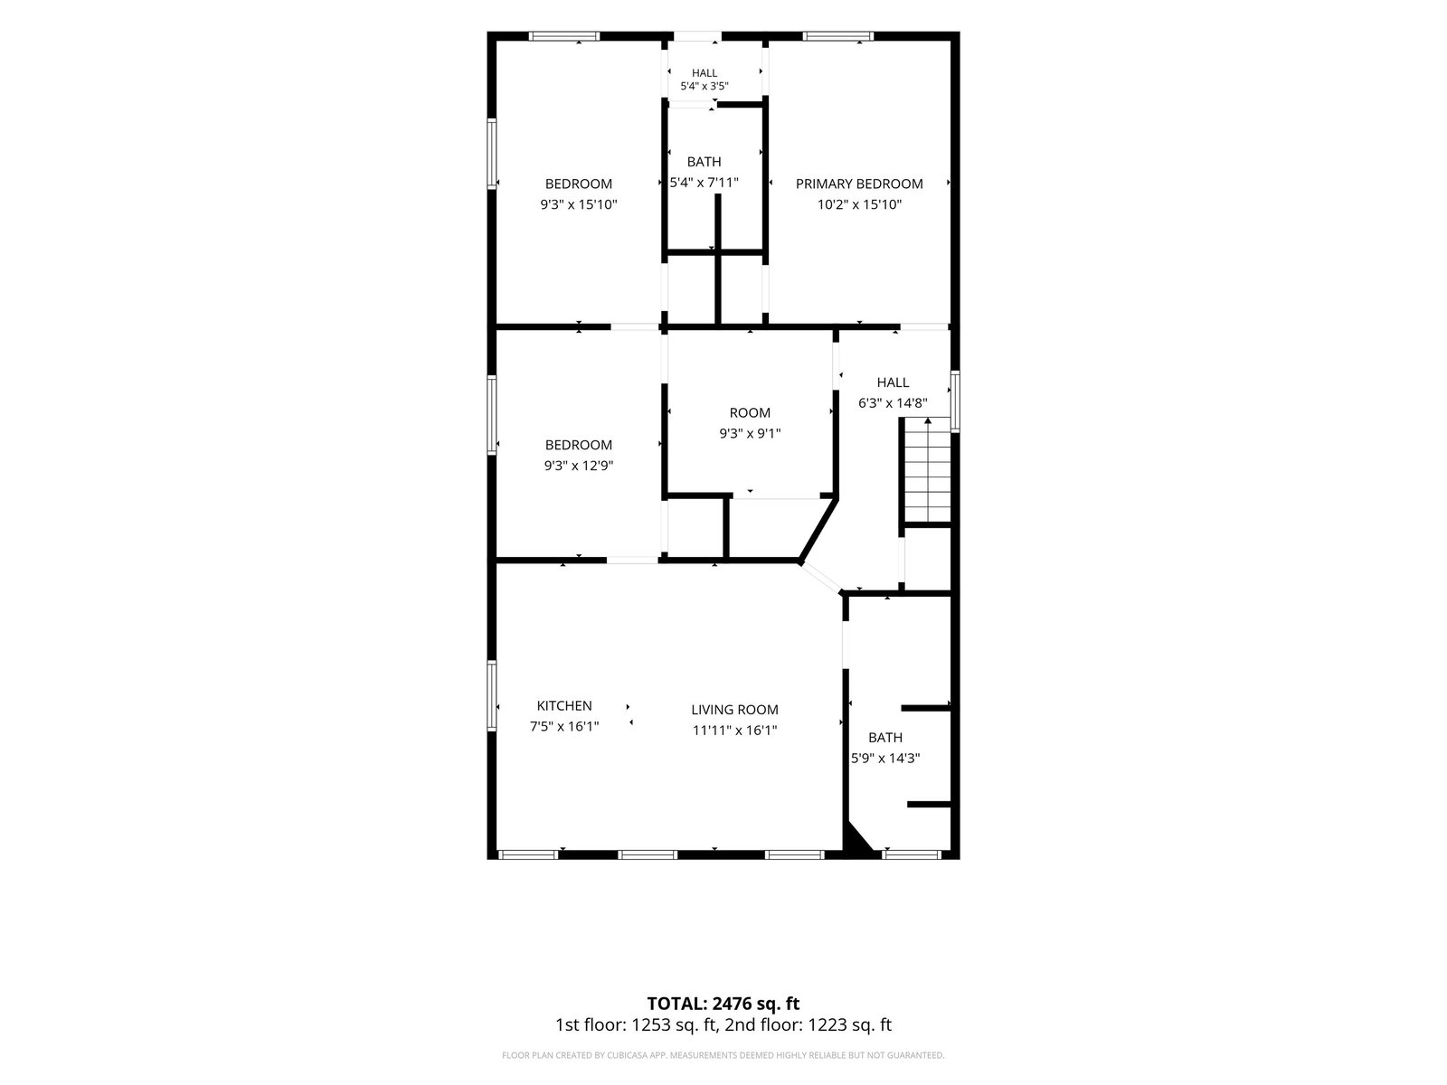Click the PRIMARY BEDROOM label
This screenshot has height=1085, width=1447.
point(858,184)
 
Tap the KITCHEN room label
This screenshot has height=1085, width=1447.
point(564,705)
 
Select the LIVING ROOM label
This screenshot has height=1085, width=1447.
point(734,710)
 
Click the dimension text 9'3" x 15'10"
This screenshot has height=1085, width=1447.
point(579,204)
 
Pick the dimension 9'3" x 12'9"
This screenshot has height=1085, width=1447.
point(579,466)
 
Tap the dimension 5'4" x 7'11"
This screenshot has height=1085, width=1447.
point(704,183)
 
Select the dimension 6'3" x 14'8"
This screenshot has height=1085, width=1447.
point(893,403)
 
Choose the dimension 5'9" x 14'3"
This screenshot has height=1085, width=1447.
point(885,759)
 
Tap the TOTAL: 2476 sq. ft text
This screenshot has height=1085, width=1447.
point(723,1004)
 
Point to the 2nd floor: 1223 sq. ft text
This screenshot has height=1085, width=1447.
point(809,1025)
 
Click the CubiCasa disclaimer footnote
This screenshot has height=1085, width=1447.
point(723,1054)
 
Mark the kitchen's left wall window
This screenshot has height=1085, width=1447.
point(492,695)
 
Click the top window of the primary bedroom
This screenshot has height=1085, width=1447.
point(837,36)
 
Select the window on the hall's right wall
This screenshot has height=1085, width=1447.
point(955,401)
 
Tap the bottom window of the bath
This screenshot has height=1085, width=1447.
point(912,854)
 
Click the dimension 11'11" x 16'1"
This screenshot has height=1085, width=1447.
point(734,730)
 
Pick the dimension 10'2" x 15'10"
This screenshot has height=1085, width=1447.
point(859,204)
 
